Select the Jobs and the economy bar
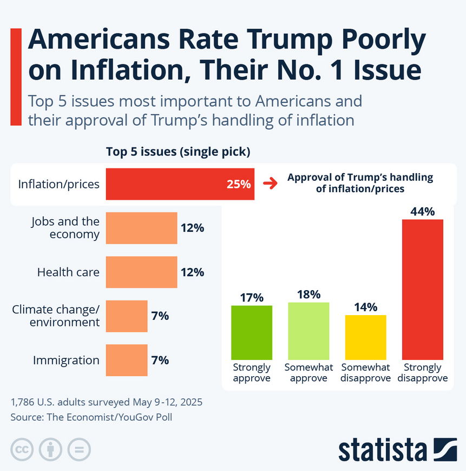click(141, 228)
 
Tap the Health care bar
click(141, 272)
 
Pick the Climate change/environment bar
click(126, 316)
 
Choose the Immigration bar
click(126, 360)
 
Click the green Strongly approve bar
click(252, 332)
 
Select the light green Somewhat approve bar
click(309, 331)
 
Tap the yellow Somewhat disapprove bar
click(366, 337)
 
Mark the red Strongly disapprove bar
click(423, 289)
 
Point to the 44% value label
click(423, 211)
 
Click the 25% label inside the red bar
click(239, 184)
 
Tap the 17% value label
click(252, 297)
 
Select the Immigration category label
click(66, 360)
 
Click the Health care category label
click(68, 272)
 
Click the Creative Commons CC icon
click(22, 449)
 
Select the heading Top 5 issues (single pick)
click(178, 152)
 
